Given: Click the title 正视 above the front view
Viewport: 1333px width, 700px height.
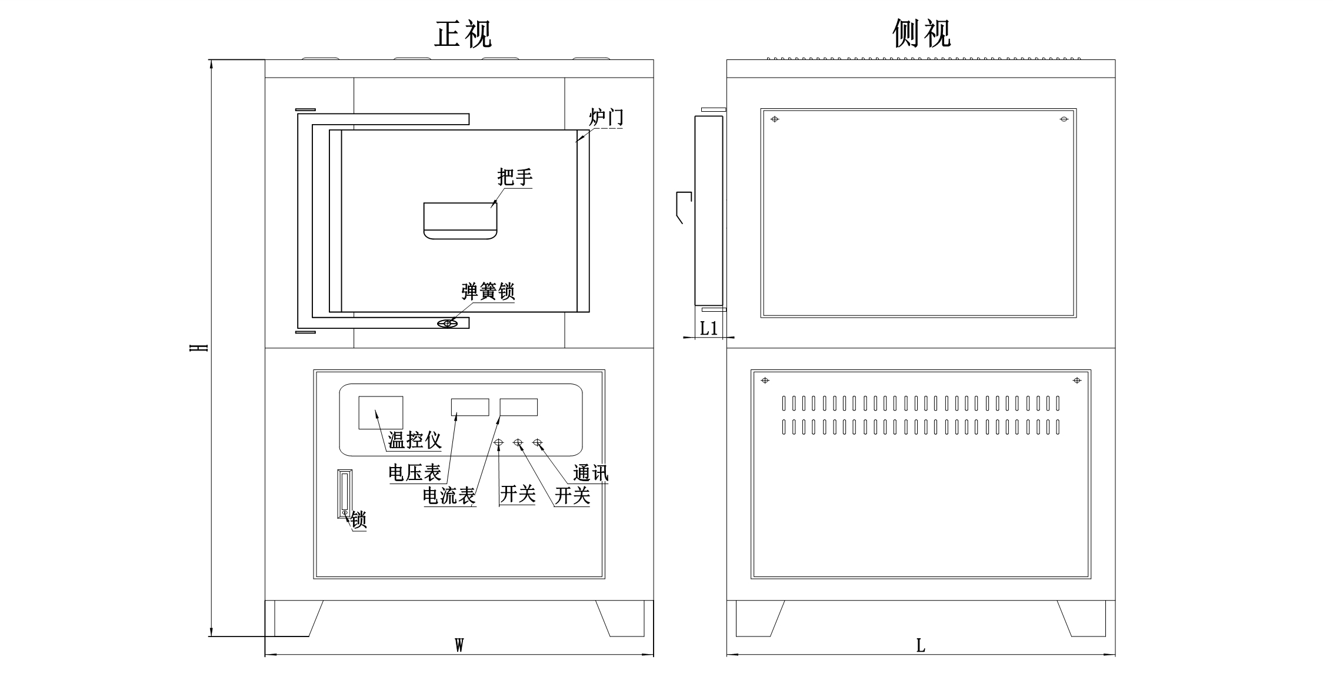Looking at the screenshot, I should coord(463,34).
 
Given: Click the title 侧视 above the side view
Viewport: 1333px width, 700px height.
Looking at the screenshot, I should coord(921,34).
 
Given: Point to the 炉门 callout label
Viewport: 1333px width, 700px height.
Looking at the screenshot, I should coord(606,117).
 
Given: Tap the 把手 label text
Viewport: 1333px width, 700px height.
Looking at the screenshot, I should coord(515,176).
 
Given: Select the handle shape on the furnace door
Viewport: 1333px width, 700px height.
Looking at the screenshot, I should coord(460,221).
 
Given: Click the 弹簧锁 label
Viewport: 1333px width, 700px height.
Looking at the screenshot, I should coord(488,291).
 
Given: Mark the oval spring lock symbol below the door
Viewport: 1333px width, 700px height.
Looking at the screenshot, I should coord(447,324).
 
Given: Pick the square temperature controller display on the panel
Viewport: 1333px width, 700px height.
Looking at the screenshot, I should coord(381,412).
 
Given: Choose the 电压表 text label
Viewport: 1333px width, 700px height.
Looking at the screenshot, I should coord(415,472).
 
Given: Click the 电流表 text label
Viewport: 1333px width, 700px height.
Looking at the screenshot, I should coord(449,496).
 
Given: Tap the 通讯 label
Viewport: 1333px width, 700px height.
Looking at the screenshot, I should coord(591,473).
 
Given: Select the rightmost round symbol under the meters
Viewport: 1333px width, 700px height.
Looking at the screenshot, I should coord(537,442).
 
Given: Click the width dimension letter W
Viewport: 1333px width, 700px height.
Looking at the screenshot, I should coord(459,646).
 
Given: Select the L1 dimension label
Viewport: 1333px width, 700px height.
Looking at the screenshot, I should coord(709,328).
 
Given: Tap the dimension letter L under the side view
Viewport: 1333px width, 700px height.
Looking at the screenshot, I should coord(921,646).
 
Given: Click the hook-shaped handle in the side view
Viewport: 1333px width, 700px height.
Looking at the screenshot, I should coord(683,206).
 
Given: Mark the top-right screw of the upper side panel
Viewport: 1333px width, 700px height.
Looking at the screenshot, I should coord(1064,119).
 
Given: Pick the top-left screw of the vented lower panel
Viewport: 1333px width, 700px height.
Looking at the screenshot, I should coord(765,381).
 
